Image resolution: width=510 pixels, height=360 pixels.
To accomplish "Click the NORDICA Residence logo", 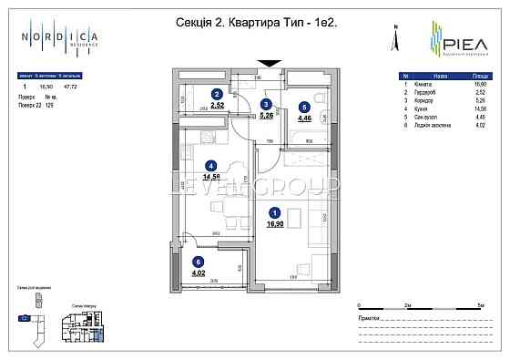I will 62,40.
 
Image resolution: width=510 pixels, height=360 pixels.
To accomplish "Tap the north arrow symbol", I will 395,38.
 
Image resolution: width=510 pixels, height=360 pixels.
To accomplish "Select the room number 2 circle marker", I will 217,94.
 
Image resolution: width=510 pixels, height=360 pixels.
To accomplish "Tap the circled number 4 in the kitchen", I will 210,165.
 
